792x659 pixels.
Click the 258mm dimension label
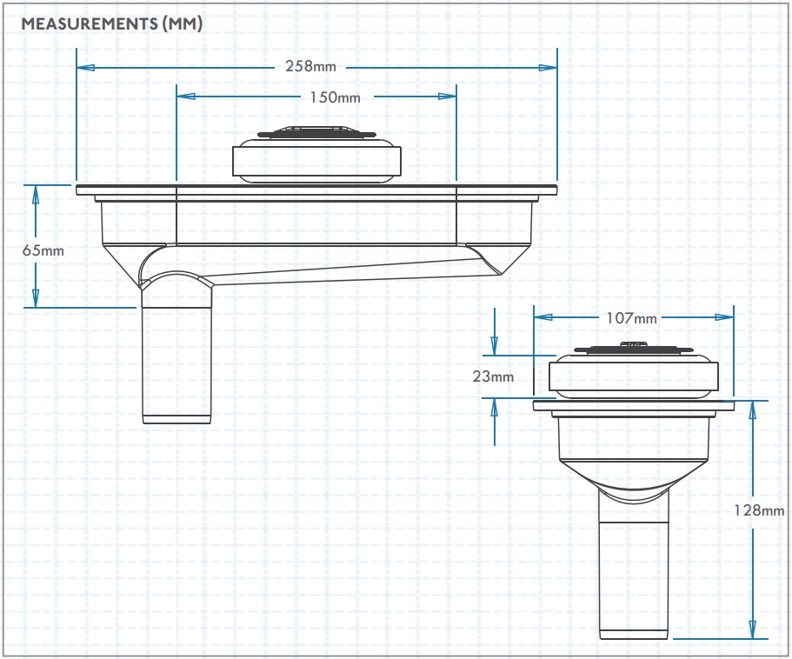[310, 66]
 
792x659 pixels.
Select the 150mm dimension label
[335, 97]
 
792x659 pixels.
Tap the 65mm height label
[43, 250]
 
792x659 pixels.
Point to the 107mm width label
[631, 318]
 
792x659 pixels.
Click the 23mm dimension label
[493, 376]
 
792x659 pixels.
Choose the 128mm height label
[759, 510]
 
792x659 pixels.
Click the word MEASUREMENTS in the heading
[90, 23]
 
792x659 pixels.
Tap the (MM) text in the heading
[183, 23]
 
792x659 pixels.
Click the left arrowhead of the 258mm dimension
[86, 67]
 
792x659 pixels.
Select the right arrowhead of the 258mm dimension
[548, 67]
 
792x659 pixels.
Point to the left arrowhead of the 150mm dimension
[186, 96]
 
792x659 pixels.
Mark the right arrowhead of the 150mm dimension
[447, 96]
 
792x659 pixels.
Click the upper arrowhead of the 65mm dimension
[36, 195]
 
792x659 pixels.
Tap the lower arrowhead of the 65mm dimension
[36, 298]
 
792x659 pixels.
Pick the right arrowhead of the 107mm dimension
[724, 317]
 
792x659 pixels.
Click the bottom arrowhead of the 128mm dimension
[753, 629]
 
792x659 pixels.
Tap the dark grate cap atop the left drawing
[316, 132]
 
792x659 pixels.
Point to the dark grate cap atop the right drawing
[633, 348]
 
